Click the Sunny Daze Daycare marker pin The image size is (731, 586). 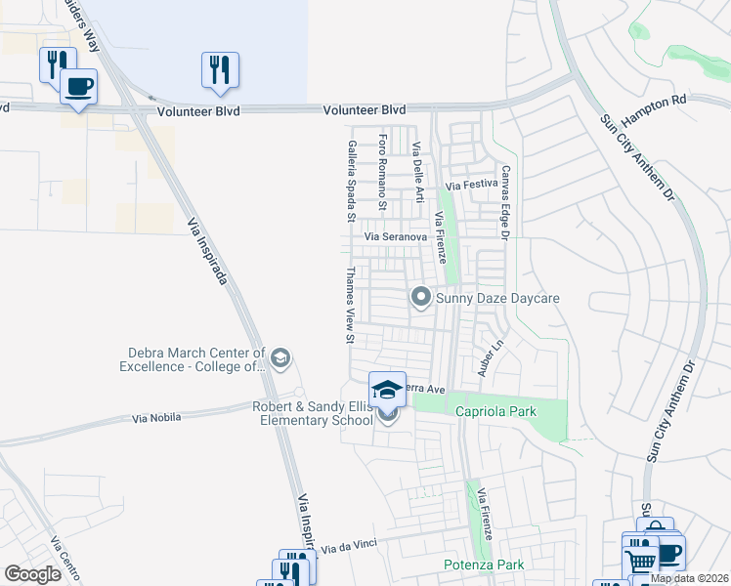click(421, 295)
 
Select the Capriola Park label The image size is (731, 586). click(496, 411)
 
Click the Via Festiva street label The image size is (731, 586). click(472, 185)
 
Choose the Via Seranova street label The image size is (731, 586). click(396, 237)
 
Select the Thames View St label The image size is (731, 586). click(349, 307)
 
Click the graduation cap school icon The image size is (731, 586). click(387, 389)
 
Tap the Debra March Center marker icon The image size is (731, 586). click(281, 358)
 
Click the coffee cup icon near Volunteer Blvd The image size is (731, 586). click(78, 85)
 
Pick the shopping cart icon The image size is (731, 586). click(640, 561)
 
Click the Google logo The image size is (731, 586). click(32, 574)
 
